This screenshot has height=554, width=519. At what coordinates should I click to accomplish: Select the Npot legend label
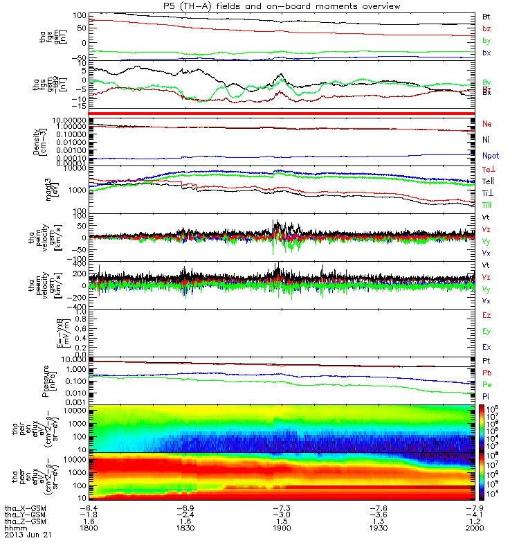point(489,157)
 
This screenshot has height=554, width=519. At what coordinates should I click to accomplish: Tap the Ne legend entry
point(486,124)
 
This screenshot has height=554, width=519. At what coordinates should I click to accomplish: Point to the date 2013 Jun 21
point(28,535)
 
